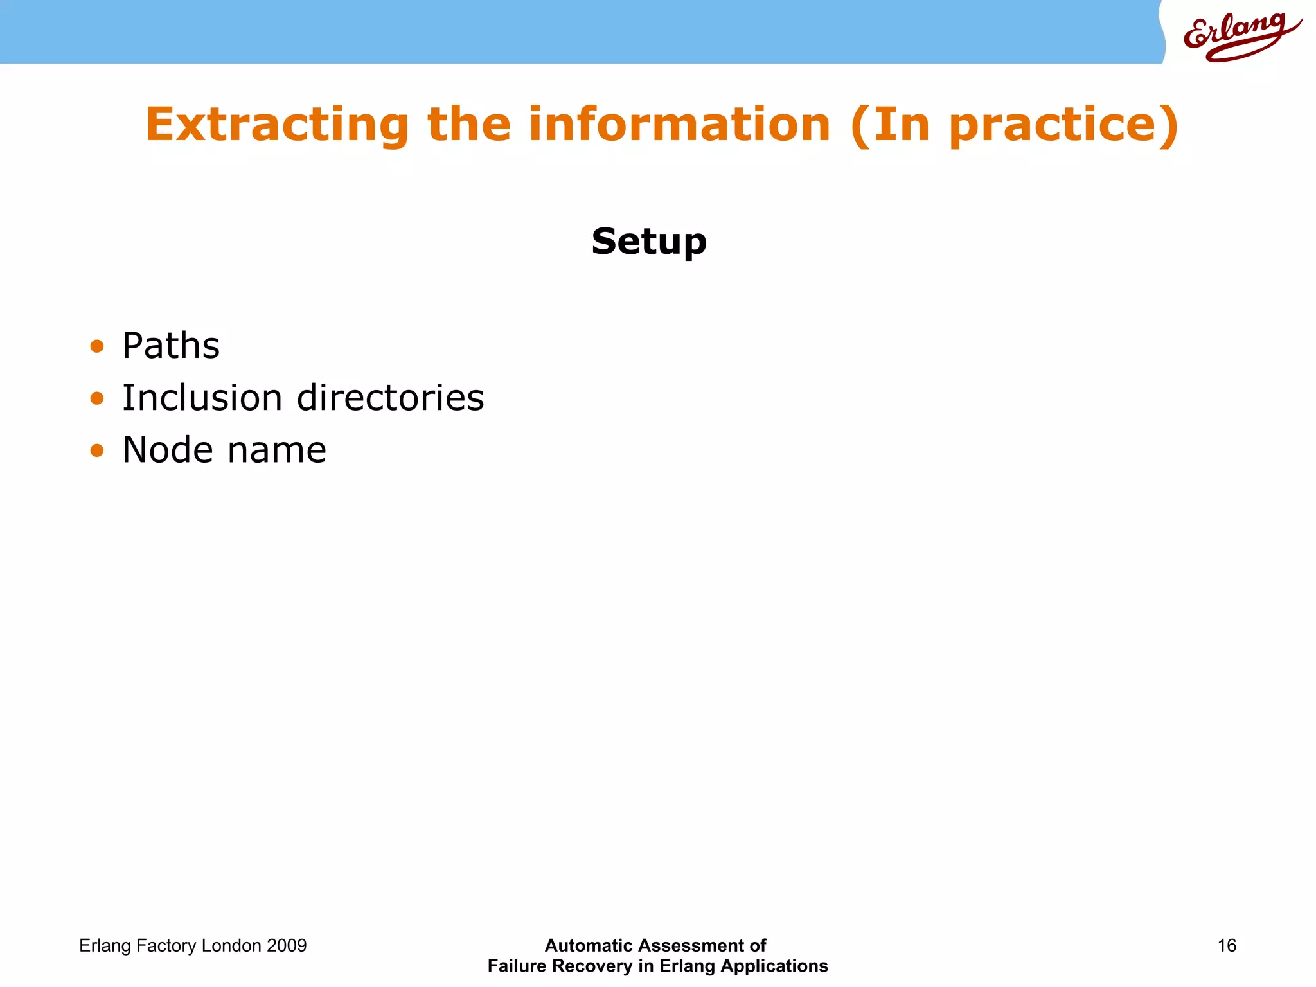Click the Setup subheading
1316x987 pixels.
pyautogui.click(x=649, y=242)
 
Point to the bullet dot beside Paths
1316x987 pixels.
pyautogui.click(x=97, y=347)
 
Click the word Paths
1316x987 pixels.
pyautogui.click(x=171, y=346)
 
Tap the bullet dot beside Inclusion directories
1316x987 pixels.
pyautogui.click(x=97, y=399)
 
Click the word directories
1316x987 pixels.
pyautogui.click(x=391, y=398)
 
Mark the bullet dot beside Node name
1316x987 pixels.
pyautogui.click(x=97, y=450)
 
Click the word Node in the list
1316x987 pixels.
pyautogui.click(x=168, y=450)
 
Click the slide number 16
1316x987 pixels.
pyautogui.click(x=1227, y=946)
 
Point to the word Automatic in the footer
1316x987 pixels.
pyautogui.click(x=589, y=946)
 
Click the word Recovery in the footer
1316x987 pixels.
pyautogui.click(x=592, y=966)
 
